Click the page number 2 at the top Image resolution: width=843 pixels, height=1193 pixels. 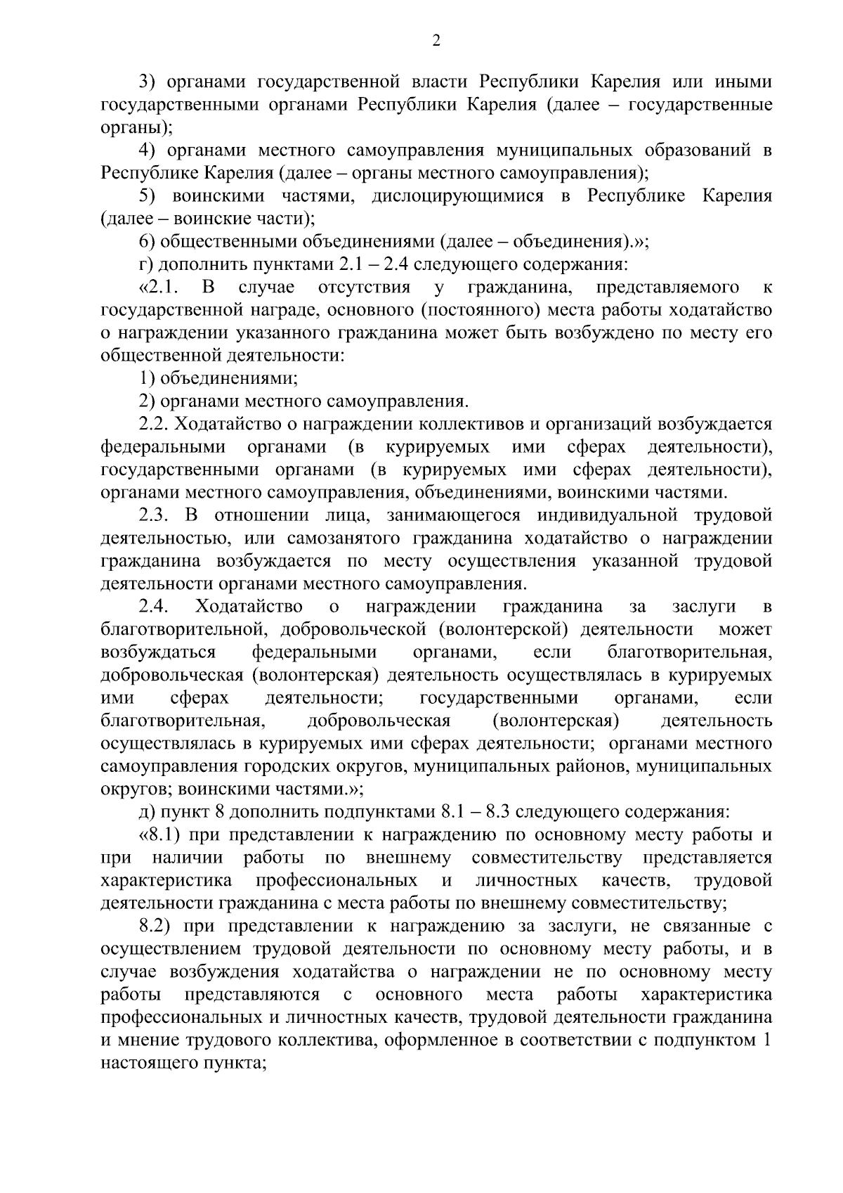pyautogui.click(x=436, y=41)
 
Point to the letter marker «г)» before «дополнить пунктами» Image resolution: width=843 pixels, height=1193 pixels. pyautogui.click(x=146, y=265)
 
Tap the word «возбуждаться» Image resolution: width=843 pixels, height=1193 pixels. pyautogui.click(x=158, y=652)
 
